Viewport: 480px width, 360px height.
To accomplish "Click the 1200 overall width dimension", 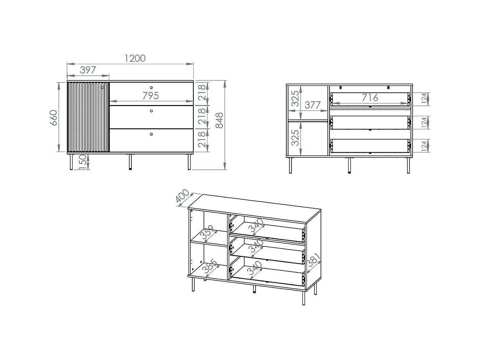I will (135, 58).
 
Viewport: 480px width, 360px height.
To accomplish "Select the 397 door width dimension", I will (88, 70).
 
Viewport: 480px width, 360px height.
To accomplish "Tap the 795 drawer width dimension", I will (151, 96).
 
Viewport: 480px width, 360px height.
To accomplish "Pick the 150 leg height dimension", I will (82, 162).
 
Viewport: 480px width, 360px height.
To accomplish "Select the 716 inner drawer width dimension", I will (370, 98).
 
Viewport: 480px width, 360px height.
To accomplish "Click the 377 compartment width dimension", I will (313, 105).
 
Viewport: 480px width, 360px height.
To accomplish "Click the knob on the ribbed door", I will (102, 88).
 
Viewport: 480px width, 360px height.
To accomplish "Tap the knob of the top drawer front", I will (151, 88).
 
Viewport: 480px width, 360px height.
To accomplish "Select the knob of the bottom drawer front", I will (151, 134).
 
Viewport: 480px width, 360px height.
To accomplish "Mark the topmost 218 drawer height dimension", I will (203, 92).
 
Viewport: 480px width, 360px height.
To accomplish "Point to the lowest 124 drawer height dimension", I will (424, 146).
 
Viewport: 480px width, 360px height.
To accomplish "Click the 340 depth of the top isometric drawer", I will (257, 225).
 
